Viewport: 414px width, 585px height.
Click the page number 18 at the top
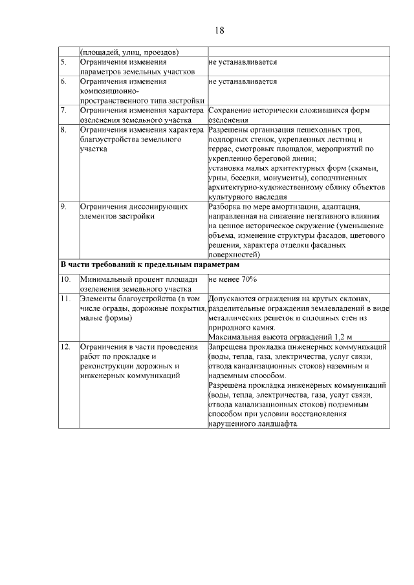click(219, 30)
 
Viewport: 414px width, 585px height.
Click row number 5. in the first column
click(63, 62)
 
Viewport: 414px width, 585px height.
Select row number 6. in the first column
click(63, 82)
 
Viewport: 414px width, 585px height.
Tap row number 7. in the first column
click(63, 111)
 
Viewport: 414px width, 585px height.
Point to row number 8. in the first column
click(63, 130)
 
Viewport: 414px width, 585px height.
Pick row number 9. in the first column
click(63, 207)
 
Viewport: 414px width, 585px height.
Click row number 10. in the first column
click(65, 279)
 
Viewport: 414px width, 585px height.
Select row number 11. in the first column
click(65, 299)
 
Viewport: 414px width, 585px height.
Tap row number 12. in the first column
click(65, 346)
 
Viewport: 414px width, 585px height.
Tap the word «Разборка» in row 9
click(226, 207)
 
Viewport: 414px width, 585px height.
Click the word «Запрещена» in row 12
click(229, 346)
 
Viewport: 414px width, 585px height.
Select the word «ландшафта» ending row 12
click(276, 424)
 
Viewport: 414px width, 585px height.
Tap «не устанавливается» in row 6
click(243, 82)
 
